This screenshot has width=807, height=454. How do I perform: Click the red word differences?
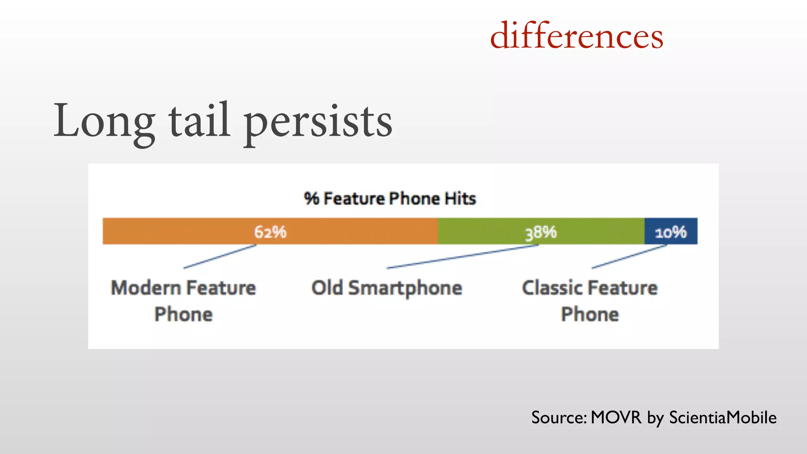coord(576,36)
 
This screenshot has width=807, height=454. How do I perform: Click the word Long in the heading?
coord(104,121)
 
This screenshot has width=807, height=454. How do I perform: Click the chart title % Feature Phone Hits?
coord(390,198)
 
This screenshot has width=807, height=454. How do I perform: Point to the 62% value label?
coord(270,232)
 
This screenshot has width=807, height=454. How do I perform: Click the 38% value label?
coord(541,233)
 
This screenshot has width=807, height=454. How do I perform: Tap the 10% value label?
coord(671,232)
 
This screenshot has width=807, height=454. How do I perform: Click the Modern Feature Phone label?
coord(184,301)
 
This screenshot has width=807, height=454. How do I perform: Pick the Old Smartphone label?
coord(387,288)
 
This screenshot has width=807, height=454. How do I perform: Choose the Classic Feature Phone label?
coord(590,301)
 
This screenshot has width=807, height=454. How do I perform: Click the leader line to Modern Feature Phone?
coord(220,257)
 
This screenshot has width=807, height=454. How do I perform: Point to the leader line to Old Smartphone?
coord(462,257)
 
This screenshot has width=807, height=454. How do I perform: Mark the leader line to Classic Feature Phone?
coord(629,257)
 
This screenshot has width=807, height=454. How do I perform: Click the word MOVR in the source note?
coord(616,417)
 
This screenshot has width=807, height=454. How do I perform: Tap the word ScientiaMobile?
coord(723,417)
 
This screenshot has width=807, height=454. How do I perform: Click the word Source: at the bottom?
coord(559,417)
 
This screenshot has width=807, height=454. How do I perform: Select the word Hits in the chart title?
coord(460,198)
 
